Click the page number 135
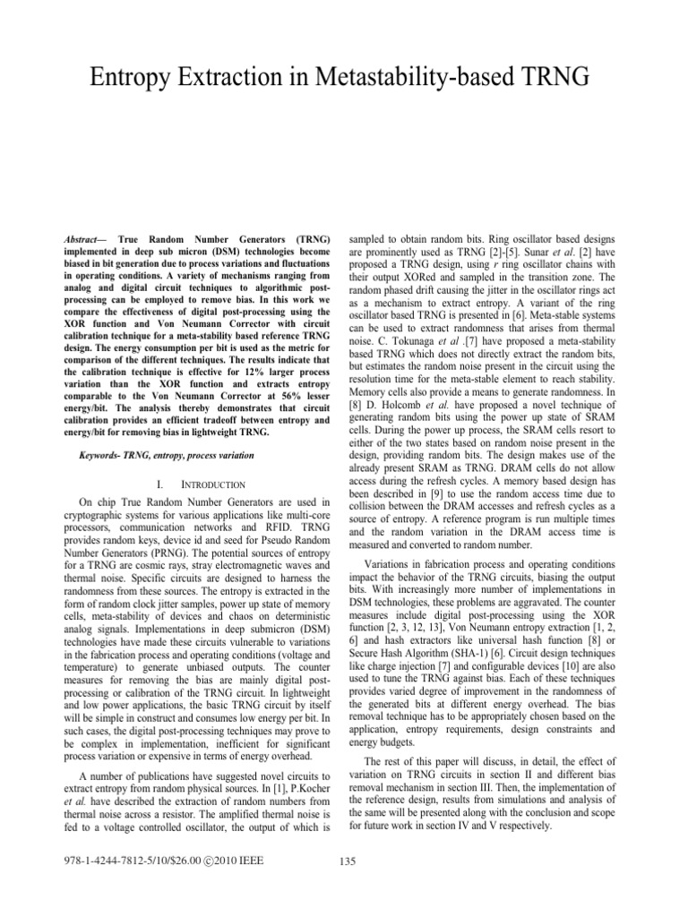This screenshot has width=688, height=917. click(351, 861)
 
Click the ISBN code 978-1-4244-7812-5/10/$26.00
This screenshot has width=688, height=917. click(137, 861)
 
